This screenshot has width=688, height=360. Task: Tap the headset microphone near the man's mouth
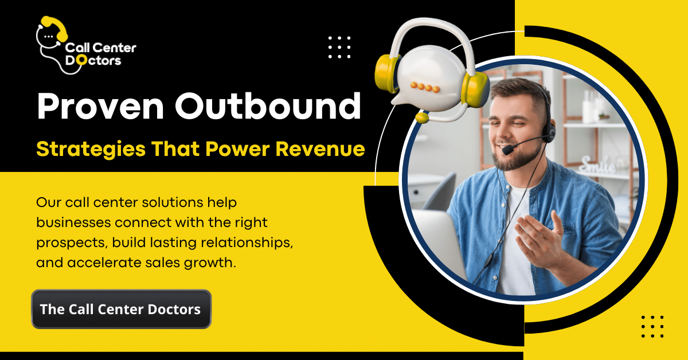click(508, 149)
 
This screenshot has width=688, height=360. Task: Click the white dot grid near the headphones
click(339, 46)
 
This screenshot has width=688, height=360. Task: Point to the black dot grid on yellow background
click(652, 326)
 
